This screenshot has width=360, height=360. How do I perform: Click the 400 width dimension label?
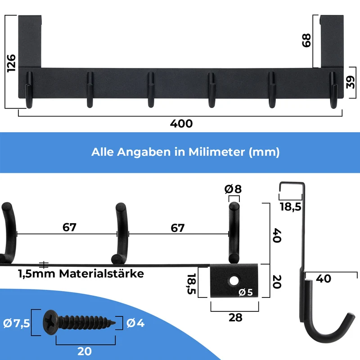181,123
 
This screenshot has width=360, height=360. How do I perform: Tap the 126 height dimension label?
11,63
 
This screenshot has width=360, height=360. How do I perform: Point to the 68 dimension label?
306,40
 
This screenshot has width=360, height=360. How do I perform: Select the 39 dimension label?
351,82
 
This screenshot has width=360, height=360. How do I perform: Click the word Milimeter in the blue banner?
217,152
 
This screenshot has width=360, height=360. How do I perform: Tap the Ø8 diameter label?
233,189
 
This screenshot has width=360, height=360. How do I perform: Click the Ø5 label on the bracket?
245,292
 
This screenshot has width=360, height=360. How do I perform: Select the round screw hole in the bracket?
234,281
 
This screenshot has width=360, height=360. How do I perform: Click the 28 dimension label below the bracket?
235,318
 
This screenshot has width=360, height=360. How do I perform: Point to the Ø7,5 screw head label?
17,323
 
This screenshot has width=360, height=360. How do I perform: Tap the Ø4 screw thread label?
135,323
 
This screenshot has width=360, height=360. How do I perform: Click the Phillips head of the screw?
50,322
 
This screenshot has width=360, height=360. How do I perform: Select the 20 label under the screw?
85,351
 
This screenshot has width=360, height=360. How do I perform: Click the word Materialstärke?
102,274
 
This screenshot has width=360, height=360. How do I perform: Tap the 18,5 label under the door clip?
290,207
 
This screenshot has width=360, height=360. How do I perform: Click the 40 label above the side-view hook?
324,279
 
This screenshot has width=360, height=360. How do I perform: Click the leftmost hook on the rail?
29,90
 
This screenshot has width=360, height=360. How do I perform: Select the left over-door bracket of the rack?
30,41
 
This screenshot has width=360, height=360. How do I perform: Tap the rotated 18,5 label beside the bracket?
191,284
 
